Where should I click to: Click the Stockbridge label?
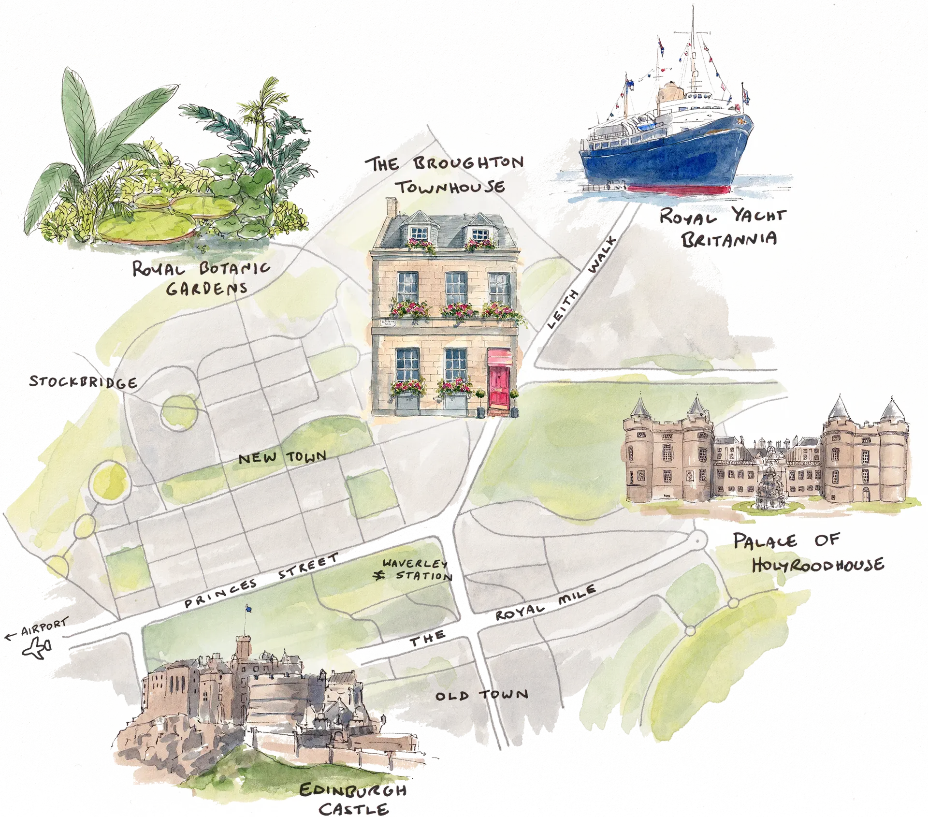83,381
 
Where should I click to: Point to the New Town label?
282,457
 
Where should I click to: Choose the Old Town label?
481,695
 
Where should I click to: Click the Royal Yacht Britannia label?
723,228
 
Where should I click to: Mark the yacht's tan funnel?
668,92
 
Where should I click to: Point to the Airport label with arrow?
39,629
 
